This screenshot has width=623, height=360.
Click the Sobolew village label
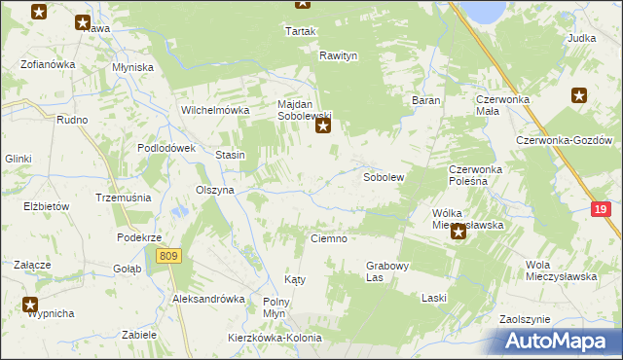(383, 179)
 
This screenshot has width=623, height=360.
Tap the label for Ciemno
(328, 238)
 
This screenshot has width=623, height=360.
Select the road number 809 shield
(168, 255)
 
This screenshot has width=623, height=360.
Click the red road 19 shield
(602, 210)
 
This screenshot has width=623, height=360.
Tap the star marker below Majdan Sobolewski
(324, 126)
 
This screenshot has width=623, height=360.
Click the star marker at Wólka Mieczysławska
(458, 232)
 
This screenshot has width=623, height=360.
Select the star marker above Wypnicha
(30, 304)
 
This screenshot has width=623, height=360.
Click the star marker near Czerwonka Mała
(579, 95)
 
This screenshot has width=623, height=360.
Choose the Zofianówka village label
(48, 65)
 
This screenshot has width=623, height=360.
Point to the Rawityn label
(339, 55)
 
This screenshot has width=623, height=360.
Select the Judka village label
(580, 38)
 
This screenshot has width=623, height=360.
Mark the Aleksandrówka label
(207, 299)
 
